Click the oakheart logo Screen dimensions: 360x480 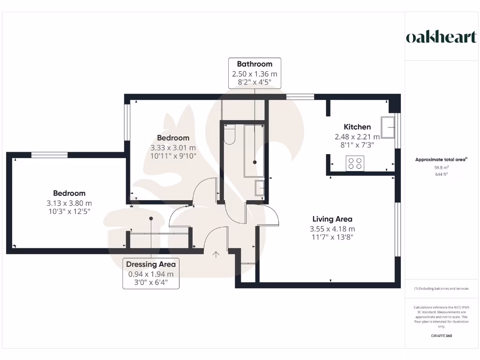point(441,37)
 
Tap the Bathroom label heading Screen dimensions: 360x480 point(255,64)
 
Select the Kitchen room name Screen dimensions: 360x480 point(357,127)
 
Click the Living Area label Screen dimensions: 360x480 point(332,219)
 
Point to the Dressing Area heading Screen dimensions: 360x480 point(151,264)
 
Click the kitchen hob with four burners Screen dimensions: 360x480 point(355,163)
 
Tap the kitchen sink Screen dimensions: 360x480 point(388,128)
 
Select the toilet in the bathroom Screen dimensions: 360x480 point(230,135)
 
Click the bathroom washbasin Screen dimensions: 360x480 point(260,187)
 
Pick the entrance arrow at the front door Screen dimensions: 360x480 point(216,255)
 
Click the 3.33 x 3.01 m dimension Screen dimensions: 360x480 point(173,147)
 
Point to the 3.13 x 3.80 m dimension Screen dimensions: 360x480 point(69,202)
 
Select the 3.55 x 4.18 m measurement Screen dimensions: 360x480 point(332,229)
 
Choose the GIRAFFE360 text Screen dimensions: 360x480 point(441,336)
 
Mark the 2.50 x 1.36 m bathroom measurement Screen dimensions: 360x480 point(255,74)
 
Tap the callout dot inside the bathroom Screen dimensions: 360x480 point(255,162)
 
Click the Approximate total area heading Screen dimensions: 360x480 point(441,160)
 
